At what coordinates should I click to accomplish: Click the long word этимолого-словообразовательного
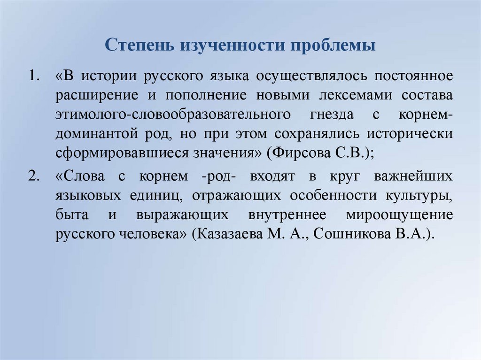tap(171, 115)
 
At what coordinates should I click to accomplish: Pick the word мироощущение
tap(399, 215)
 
